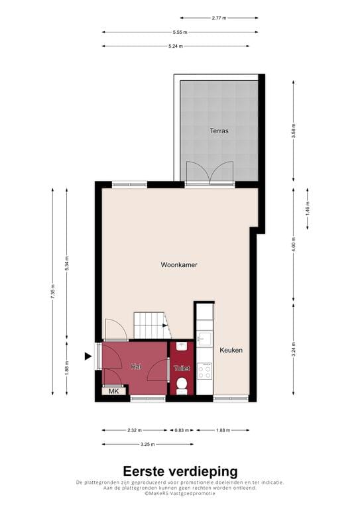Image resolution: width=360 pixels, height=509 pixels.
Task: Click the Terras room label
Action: click(x=219, y=131)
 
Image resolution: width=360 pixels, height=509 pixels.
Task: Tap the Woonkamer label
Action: click(x=179, y=265)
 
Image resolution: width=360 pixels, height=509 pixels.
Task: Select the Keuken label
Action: click(x=231, y=351)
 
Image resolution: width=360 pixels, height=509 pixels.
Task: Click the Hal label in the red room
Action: click(x=136, y=367)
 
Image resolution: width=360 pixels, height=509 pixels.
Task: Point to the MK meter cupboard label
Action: click(x=114, y=392)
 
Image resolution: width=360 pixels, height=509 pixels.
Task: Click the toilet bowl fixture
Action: click(x=182, y=384)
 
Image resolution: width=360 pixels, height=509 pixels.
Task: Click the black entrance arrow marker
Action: click(x=88, y=357)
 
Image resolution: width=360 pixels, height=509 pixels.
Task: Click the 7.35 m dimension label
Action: click(x=53, y=292)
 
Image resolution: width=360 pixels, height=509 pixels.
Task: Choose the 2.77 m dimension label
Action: click(x=219, y=18)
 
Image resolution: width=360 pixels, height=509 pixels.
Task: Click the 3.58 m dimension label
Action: click(x=294, y=131)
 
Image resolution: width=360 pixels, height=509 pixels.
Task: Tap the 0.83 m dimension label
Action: click(x=180, y=430)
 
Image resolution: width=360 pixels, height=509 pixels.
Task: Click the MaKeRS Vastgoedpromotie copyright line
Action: click(x=180, y=493)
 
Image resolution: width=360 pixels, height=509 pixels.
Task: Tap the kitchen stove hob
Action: click(x=204, y=371)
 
